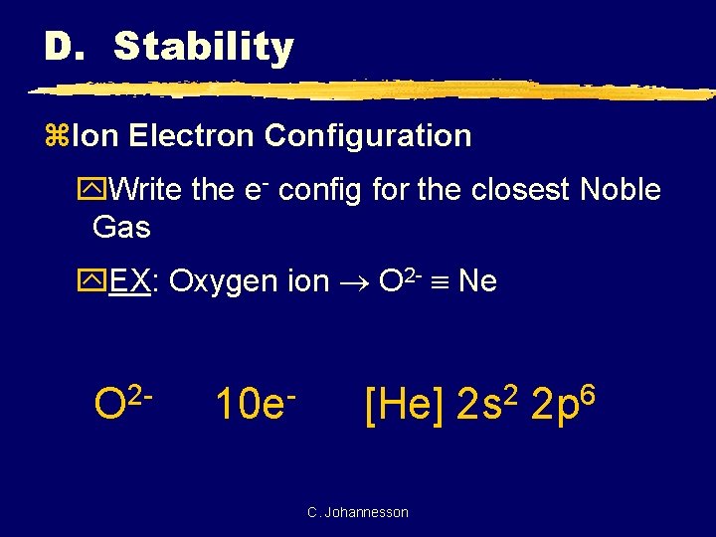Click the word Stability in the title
tap(203, 47)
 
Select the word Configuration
tap(368, 135)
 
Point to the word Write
tap(145, 190)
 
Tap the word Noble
tap(621, 190)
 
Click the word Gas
tap(121, 228)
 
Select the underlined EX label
tap(130, 281)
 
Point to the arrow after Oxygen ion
tap(355, 282)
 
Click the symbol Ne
tap(478, 281)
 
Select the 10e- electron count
tap(257, 405)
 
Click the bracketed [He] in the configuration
tap(406, 405)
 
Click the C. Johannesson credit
tap(358, 512)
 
